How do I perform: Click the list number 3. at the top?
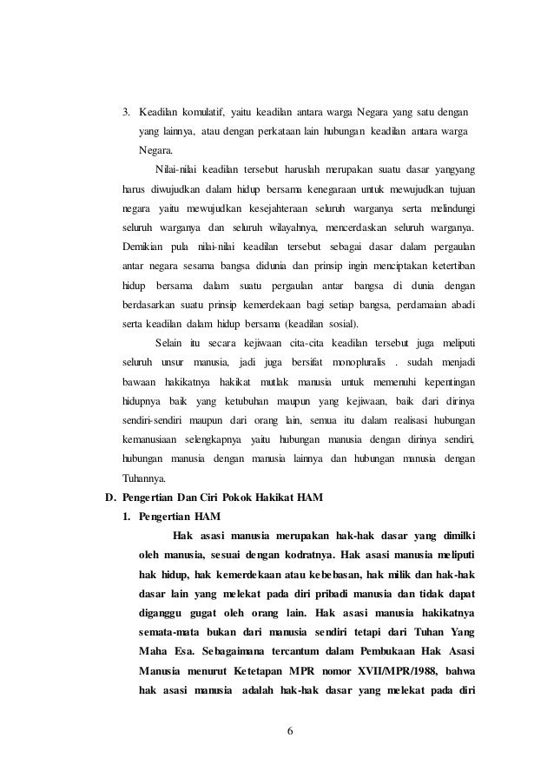(x=128, y=112)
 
